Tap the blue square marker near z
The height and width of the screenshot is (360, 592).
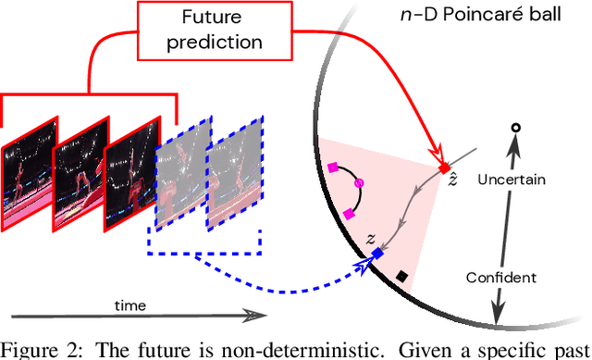[x=376, y=253]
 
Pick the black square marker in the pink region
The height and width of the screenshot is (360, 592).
[x=402, y=275]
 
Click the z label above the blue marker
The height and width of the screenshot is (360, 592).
[x=371, y=237]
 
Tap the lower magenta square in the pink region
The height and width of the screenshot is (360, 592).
[x=350, y=214]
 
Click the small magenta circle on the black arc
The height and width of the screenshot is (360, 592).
[x=361, y=184]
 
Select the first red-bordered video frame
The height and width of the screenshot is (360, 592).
[x=26, y=168]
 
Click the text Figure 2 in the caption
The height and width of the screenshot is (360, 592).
[x=39, y=349]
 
